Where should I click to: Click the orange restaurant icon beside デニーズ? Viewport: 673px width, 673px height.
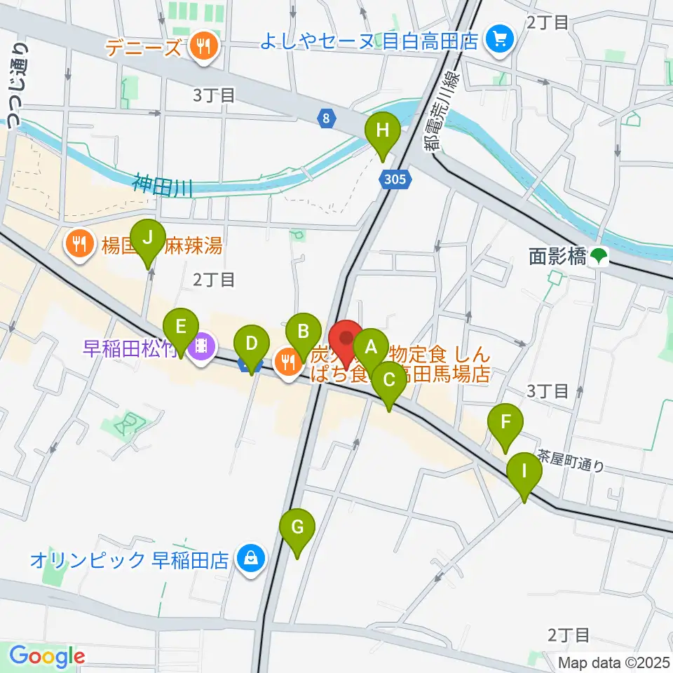click(x=203, y=48)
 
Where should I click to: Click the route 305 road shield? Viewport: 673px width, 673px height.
click(x=394, y=180)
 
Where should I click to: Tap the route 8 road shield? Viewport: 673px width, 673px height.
click(x=326, y=119)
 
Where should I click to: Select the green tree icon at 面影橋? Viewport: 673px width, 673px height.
click(x=598, y=257)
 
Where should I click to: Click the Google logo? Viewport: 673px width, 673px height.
click(x=47, y=656)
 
